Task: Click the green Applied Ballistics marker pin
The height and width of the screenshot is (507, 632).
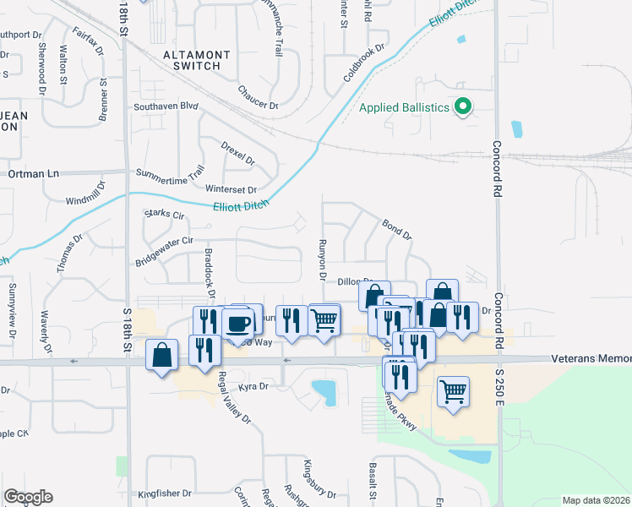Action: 463,107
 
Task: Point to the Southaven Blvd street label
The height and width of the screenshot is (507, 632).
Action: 166,107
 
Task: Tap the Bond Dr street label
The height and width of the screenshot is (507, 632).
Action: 396,228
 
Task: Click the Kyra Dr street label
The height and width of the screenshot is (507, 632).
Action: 253,386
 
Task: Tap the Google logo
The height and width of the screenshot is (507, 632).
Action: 28,497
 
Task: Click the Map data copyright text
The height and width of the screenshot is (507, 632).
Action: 596,500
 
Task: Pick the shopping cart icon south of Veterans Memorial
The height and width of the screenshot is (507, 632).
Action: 454,391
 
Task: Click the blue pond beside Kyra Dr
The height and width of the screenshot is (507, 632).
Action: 323,391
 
